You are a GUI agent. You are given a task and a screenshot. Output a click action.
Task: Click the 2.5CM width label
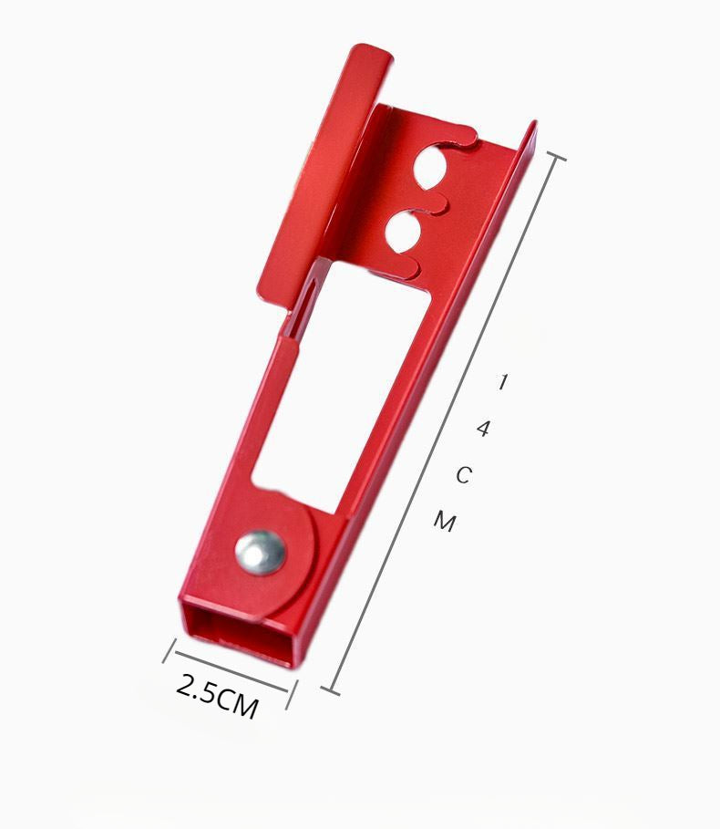pyautogui.click(x=217, y=696)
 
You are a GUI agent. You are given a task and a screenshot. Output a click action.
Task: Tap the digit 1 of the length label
pyautogui.click(x=503, y=381)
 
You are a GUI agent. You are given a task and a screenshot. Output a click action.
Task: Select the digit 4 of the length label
pyautogui.click(x=483, y=429)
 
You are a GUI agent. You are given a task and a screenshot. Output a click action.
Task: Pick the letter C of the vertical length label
pyautogui.click(x=463, y=475)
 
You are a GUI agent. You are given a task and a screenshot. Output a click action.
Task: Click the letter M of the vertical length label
pyautogui.click(x=445, y=522)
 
